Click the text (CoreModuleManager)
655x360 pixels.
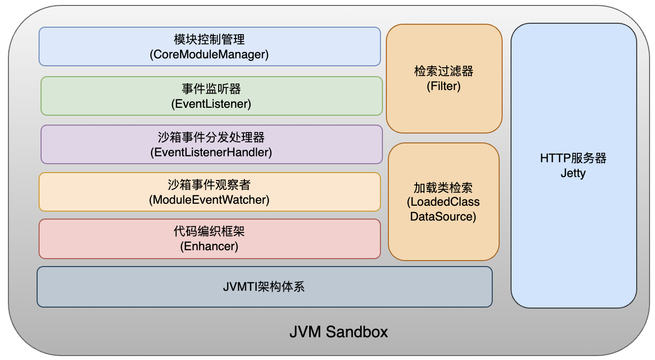pyautogui.click(x=209, y=54)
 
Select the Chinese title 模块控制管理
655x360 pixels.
pyautogui.click(x=209, y=40)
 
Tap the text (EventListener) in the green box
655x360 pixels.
pyautogui.click(x=211, y=104)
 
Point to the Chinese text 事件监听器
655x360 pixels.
pyautogui.click(x=211, y=89)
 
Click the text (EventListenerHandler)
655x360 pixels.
pyautogui.click(x=211, y=152)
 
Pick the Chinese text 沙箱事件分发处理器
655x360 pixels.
pyautogui.click(x=211, y=137)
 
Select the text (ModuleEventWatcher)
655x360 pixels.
pyautogui.click(x=209, y=200)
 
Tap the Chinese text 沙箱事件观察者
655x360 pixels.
pyautogui.click(x=209, y=185)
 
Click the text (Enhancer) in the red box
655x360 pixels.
pyautogui.click(x=209, y=246)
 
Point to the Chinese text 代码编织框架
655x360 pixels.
pyautogui.click(x=209, y=231)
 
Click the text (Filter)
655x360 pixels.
pyautogui.click(x=444, y=86)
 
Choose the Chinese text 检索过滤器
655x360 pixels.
pyautogui.click(x=444, y=71)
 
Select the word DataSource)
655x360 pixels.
pyautogui.click(x=443, y=217)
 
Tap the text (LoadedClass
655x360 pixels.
pyautogui.click(x=443, y=202)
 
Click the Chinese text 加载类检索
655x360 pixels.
pyautogui.click(x=443, y=188)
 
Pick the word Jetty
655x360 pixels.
pyautogui.click(x=573, y=173)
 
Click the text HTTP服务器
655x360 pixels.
pyautogui.click(x=573, y=158)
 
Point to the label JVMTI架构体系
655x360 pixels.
pyautogui.click(x=264, y=287)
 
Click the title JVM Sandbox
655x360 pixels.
pyautogui.click(x=338, y=332)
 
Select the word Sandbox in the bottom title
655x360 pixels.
pyautogui.click(x=357, y=332)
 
